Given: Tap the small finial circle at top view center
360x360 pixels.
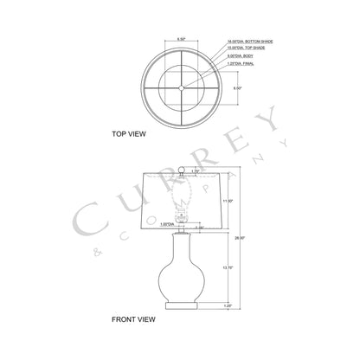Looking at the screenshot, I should [180, 87].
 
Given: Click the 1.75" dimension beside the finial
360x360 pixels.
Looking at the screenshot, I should [196, 170].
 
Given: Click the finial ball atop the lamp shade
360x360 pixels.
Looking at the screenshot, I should [183, 169].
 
